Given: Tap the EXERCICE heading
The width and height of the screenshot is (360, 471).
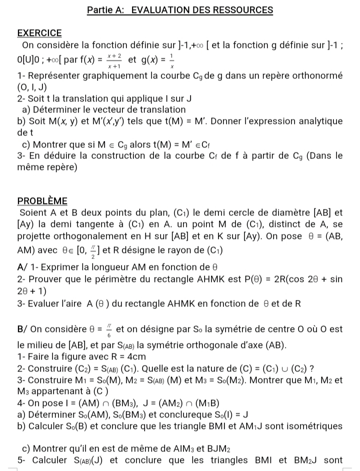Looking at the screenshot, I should [x=39, y=33].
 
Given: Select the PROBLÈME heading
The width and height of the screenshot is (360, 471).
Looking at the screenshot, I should [x=42, y=200].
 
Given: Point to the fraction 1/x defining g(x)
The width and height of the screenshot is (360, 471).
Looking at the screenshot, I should [x=171, y=61].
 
